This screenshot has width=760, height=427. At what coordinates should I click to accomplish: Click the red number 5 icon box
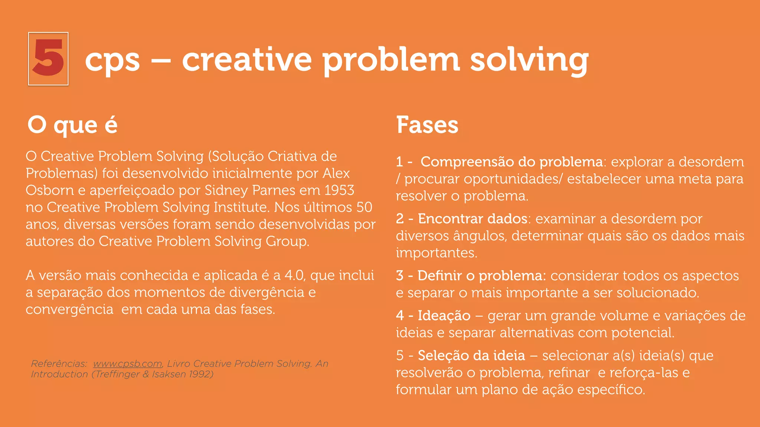point(48,59)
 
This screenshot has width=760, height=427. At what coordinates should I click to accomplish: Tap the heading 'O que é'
point(72,125)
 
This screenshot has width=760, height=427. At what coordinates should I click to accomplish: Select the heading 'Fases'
point(427,125)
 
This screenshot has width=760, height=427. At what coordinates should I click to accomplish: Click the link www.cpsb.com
point(127,364)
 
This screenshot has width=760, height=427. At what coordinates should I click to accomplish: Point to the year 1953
point(339,190)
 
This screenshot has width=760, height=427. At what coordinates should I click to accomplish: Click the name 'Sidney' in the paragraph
point(226,191)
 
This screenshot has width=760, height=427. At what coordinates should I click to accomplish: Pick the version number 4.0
point(295,275)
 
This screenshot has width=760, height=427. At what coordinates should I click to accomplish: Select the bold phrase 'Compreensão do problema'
point(511,162)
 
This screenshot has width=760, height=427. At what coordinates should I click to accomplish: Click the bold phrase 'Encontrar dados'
point(472,219)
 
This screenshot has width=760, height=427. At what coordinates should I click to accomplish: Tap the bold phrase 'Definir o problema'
point(482,276)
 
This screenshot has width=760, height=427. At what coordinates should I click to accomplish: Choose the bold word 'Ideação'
point(444,315)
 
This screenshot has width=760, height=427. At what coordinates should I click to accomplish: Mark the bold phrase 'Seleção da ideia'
point(471,355)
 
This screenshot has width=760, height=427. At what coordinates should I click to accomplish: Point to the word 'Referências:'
point(59,364)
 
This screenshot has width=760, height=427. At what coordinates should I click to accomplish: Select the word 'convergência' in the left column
point(69,309)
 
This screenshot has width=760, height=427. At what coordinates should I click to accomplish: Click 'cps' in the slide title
point(112,60)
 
